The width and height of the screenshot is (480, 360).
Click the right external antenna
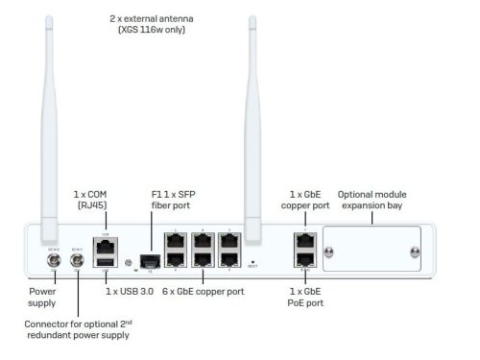(252, 125)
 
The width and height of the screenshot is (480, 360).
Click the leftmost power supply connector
(55, 258)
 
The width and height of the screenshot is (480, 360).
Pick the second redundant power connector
(75, 258)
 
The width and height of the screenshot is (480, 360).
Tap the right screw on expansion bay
(414, 252)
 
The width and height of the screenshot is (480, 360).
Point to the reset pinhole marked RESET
(252, 259)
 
